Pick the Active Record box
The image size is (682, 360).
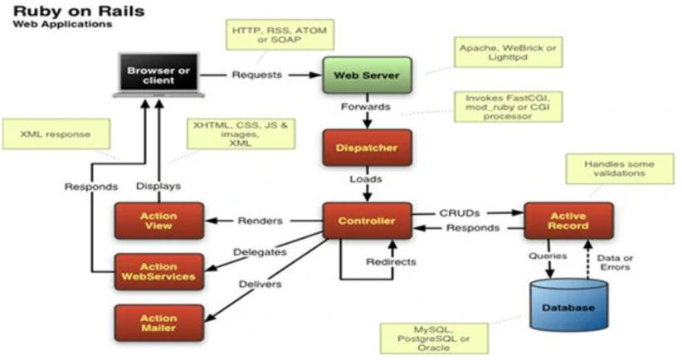[x=568, y=221]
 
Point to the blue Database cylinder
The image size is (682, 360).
[x=568, y=305]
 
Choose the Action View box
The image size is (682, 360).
[x=158, y=221]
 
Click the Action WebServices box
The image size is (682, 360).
[x=158, y=272]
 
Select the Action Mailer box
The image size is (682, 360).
[x=158, y=322]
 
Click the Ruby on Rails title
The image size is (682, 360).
[x=66, y=11]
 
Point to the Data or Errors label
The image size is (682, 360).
[x=616, y=261]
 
